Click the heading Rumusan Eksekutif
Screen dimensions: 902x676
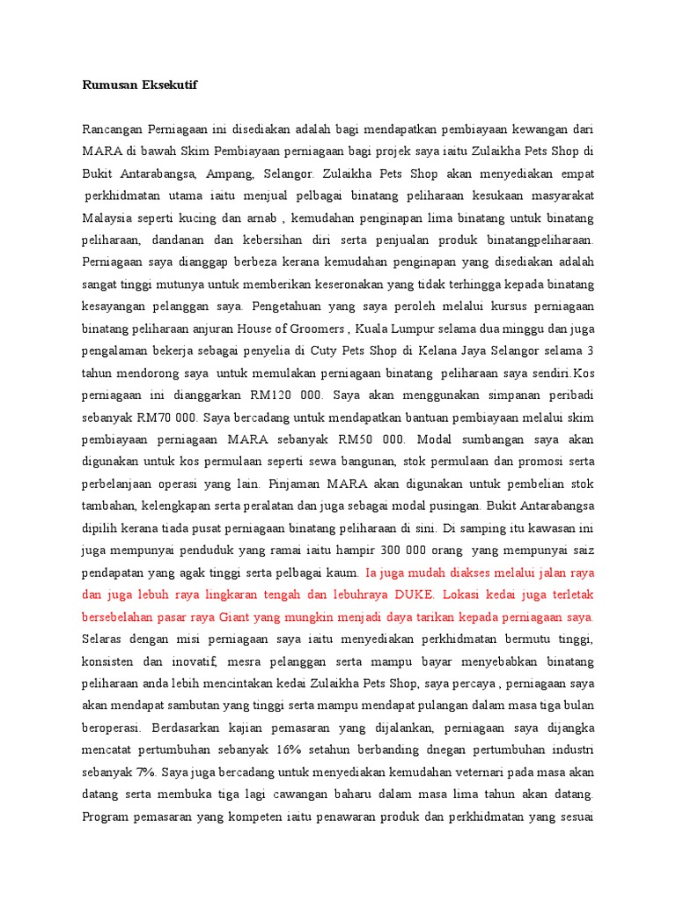tap(140, 85)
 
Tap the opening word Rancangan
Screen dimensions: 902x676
tap(112, 129)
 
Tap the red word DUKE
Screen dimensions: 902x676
tap(422, 594)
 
